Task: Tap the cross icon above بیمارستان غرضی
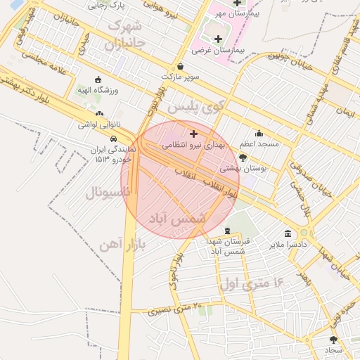tap(218, 39)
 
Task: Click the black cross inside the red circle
tap(193, 134)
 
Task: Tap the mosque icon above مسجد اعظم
tap(259, 132)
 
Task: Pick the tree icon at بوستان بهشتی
tap(243, 157)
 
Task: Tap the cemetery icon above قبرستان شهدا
tap(226, 231)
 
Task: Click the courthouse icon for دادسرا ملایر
tap(288, 233)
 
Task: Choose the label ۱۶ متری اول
tap(251, 284)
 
